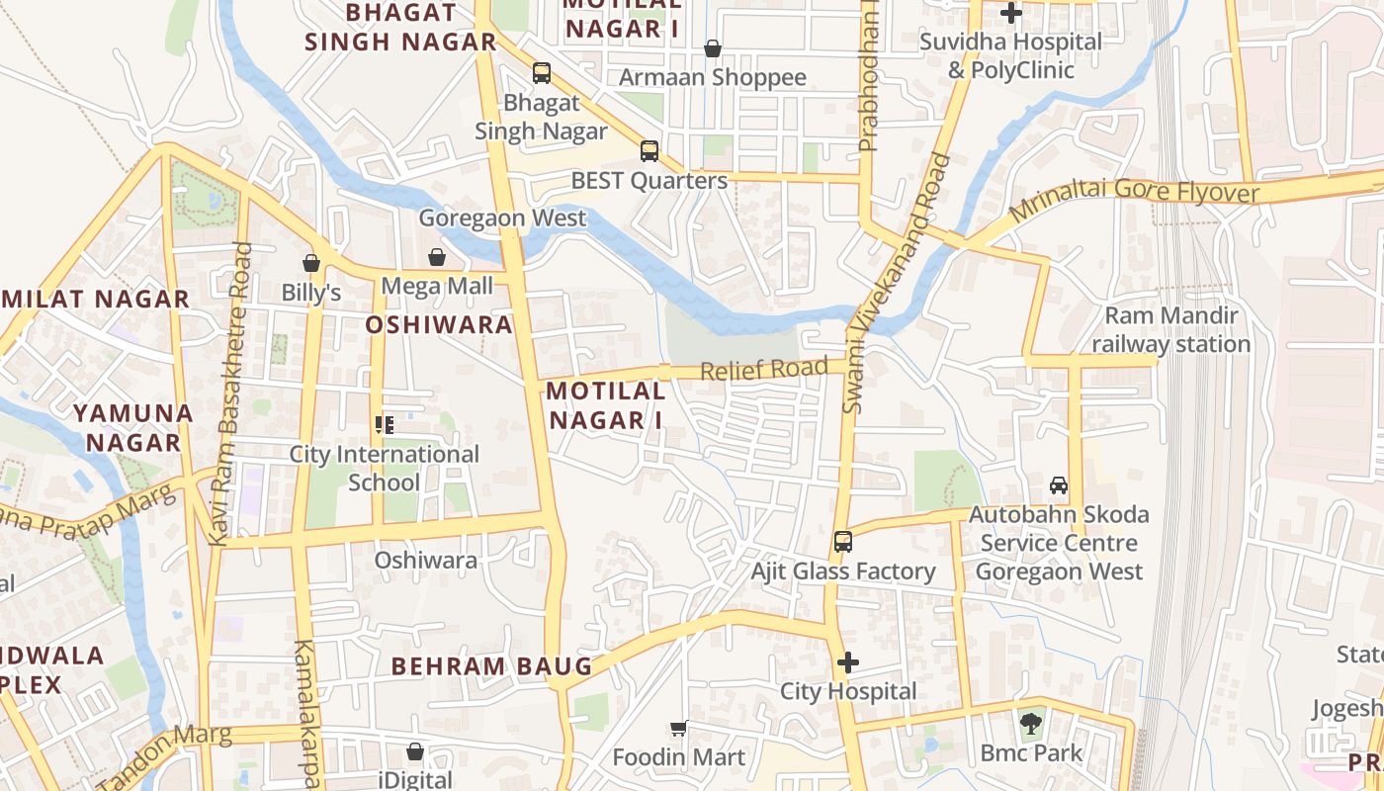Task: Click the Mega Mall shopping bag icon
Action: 437,258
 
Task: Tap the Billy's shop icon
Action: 311,263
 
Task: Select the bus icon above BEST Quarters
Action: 649,151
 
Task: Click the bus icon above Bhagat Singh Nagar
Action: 541,73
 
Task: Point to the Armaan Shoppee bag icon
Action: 712,48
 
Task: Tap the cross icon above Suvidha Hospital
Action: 1010,14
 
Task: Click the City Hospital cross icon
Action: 848,662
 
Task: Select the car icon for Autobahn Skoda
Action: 1059,485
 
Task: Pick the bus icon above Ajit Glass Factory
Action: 842,542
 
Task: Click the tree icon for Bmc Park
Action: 1031,723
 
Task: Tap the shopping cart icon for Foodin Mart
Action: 678,729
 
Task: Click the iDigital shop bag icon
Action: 415,752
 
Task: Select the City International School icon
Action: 385,425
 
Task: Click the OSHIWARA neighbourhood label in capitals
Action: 439,325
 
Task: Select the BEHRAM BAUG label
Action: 491,666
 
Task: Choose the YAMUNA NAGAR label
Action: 132,427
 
